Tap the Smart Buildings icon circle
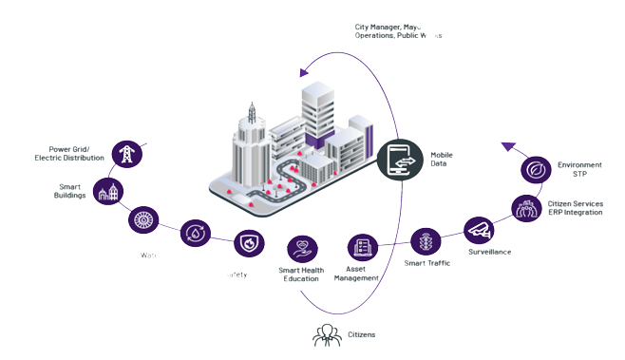112,191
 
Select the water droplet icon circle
195,234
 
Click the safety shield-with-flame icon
249,243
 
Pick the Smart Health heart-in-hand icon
303,249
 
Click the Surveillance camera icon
478,229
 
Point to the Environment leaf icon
536,171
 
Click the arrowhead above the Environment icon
506,146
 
